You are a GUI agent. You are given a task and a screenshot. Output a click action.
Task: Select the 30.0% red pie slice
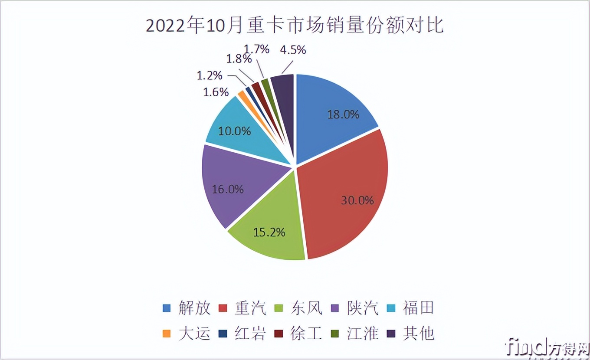coord(347,191)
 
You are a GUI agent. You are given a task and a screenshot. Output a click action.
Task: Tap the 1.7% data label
coord(256,49)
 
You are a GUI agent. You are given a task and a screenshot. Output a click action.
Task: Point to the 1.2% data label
coord(210,75)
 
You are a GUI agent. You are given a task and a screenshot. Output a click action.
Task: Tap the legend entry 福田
coord(418,308)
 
